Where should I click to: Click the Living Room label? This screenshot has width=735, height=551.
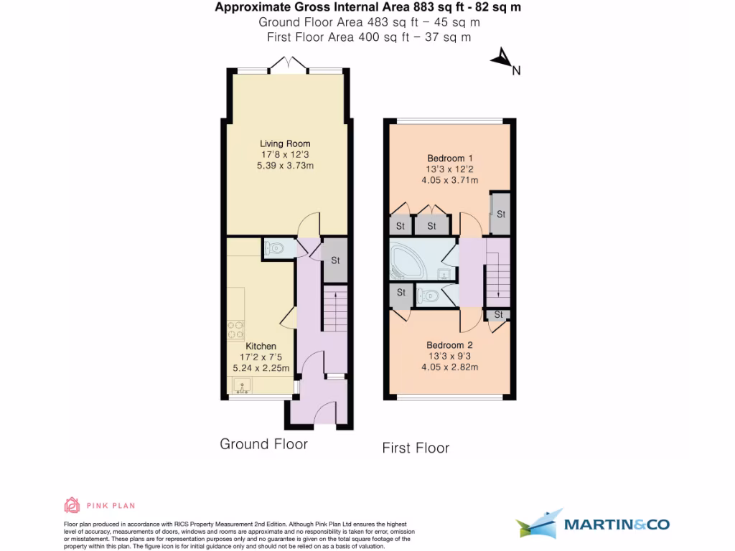click(285, 144)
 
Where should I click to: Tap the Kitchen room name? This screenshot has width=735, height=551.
click(261, 347)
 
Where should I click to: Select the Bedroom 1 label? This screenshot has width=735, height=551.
click(450, 159)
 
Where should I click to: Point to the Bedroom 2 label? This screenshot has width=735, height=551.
click(450, 345)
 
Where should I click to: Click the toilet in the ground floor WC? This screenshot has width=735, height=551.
click(275, 248)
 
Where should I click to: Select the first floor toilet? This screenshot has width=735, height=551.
click(428, 295)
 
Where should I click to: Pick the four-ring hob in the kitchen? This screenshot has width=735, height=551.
click(236, 330)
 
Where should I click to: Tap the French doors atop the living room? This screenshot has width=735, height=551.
click(289, 65)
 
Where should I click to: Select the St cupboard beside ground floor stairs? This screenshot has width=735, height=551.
click(334, 260)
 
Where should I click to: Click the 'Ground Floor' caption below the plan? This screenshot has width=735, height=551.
click(263, 444)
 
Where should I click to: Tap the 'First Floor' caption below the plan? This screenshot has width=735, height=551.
click(416, 448)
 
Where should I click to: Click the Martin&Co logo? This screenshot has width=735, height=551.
click(593, 524)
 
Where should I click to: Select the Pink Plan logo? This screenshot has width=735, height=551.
click(100, 506)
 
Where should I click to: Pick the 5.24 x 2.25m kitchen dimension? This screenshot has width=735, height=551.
click(261, 368)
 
